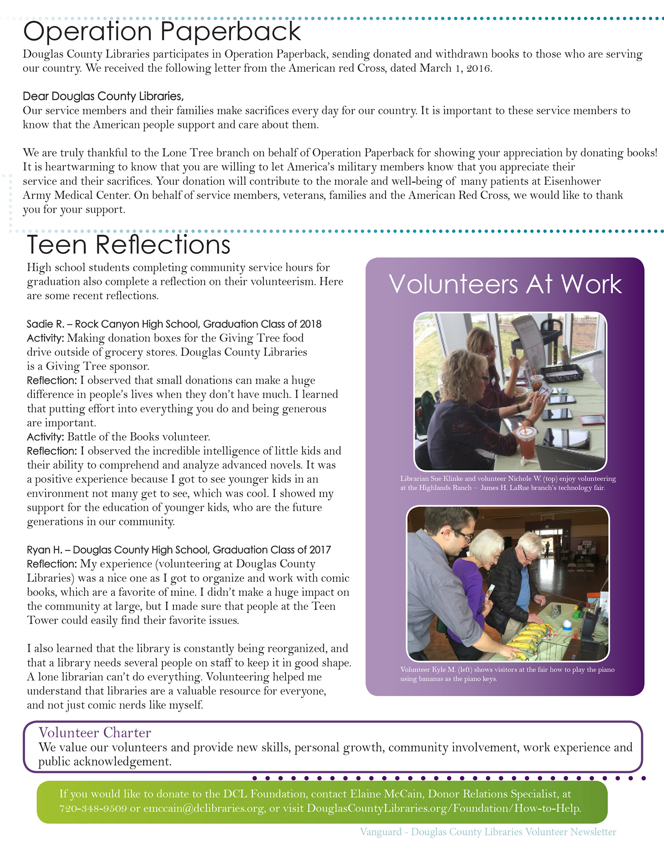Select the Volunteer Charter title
tap(94, 732)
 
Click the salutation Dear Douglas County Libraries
tap(103, 96)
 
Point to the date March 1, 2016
tap(455, 68)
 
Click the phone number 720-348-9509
tap(93, 808)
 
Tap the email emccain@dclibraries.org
tap(203, 808)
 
